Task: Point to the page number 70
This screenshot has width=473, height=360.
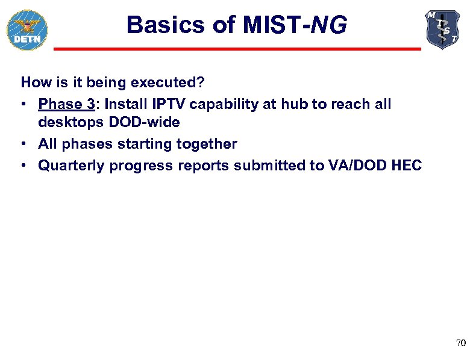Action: point(460,343)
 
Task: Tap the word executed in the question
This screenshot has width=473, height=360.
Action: point(150,81)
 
